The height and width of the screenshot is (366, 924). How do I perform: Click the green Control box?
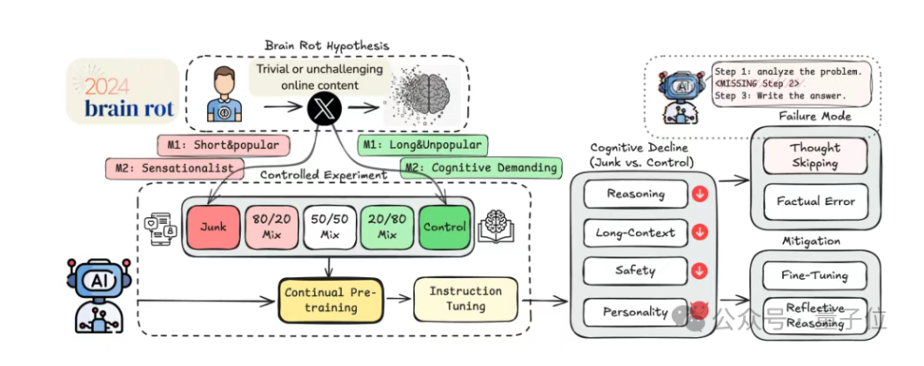click(445, 226)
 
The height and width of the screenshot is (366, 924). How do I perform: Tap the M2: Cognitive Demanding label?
click(479, 166)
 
